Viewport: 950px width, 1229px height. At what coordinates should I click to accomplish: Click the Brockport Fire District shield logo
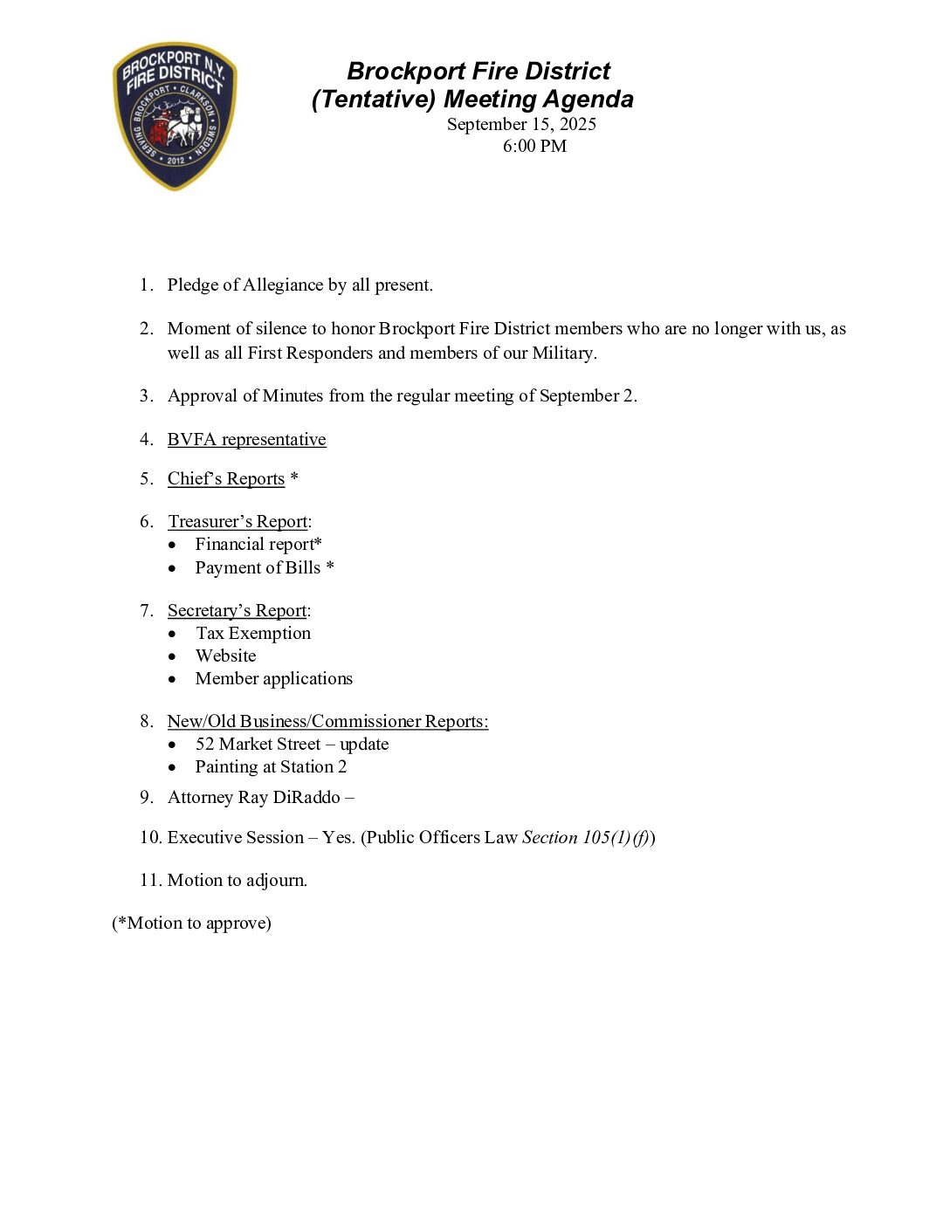175,116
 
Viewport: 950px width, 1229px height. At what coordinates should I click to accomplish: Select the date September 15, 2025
521,124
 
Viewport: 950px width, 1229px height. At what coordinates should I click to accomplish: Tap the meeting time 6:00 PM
534,146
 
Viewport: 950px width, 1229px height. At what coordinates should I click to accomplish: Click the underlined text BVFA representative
246,440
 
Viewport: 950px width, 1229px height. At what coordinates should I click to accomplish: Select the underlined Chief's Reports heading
226,479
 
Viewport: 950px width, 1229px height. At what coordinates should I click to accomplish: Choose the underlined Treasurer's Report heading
237,522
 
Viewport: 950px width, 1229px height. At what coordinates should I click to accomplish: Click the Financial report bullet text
258,545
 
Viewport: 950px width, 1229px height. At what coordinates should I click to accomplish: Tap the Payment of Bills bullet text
264,568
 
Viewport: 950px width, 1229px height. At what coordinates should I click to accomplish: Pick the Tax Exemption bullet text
253,634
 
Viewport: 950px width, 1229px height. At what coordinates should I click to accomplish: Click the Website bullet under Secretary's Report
226,656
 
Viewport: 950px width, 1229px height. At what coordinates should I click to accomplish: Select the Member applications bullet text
274,679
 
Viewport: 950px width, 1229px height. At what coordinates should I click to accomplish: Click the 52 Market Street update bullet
292,745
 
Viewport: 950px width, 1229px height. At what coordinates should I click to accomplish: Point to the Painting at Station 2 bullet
271,767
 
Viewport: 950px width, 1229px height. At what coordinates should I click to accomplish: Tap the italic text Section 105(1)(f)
586,838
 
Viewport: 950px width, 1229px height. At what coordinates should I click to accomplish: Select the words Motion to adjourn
237,881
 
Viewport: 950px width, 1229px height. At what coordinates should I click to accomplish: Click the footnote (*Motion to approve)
191,923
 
